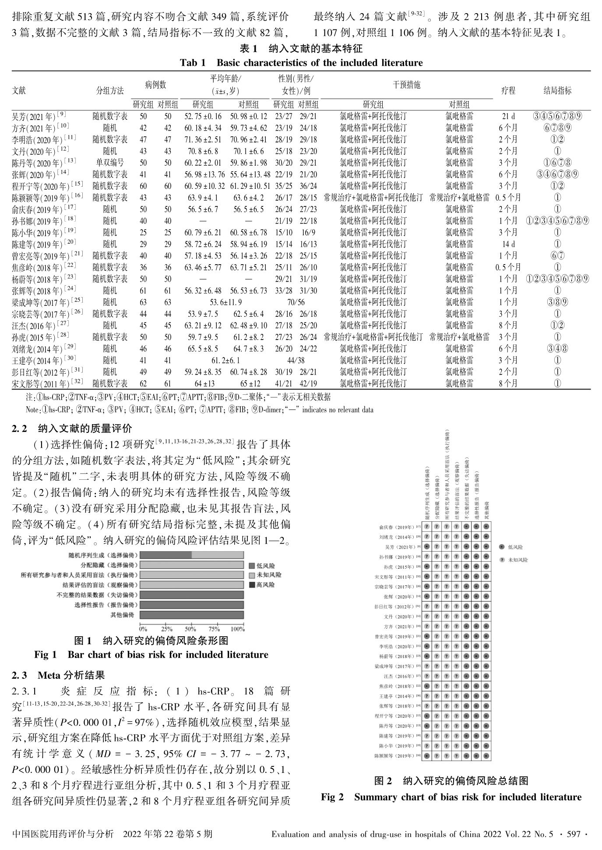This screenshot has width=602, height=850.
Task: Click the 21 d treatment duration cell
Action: coord(508,117)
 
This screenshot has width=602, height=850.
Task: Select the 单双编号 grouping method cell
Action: coord(110,163)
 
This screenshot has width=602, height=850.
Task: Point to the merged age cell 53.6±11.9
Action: coord(225,302)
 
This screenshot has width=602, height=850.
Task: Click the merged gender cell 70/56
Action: coord(296,302)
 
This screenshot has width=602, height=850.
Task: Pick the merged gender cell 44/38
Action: coord(296,360)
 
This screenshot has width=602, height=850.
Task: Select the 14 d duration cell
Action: coord(508,244)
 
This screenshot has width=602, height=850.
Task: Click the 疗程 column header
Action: coord(508,91)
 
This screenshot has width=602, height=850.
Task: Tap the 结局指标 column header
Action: coord(557,91)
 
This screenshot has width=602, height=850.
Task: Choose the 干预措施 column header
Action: coord(407,85)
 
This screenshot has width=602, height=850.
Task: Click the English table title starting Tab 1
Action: coord(301,63)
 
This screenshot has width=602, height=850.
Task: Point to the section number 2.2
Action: coord(21,428)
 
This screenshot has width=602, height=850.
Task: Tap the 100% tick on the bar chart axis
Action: coord(237,629)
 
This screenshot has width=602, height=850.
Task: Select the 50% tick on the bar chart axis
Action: coord(190,629)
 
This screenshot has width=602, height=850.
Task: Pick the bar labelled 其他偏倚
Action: coord(191,615)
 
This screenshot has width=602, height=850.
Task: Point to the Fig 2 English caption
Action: coord(451,797)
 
